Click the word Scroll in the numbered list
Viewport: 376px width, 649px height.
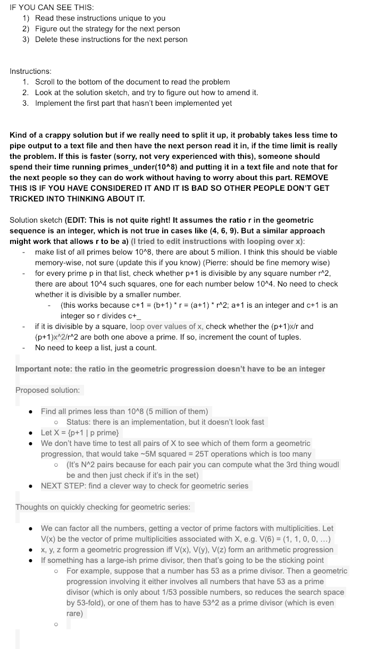click(x=46, y=82)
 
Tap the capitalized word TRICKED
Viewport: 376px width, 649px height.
click(x=31, y=199)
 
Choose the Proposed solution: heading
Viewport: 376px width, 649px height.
click(x=48, y=390)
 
